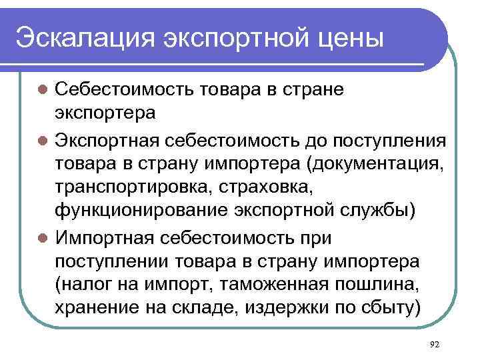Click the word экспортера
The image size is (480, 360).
(105, 113)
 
